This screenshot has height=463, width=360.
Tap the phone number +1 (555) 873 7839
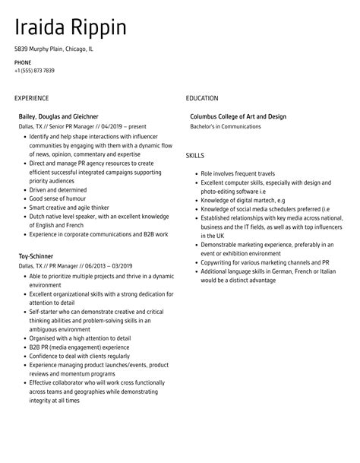34,71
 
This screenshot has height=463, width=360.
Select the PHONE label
22,62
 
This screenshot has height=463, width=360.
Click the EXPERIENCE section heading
31,98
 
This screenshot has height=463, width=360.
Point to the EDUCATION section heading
202,98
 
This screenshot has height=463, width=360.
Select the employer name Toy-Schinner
36,256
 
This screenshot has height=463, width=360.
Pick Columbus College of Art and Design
238,116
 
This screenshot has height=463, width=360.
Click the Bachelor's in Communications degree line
225,126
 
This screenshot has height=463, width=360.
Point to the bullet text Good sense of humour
57,198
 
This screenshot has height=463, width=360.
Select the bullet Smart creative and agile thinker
69,208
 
